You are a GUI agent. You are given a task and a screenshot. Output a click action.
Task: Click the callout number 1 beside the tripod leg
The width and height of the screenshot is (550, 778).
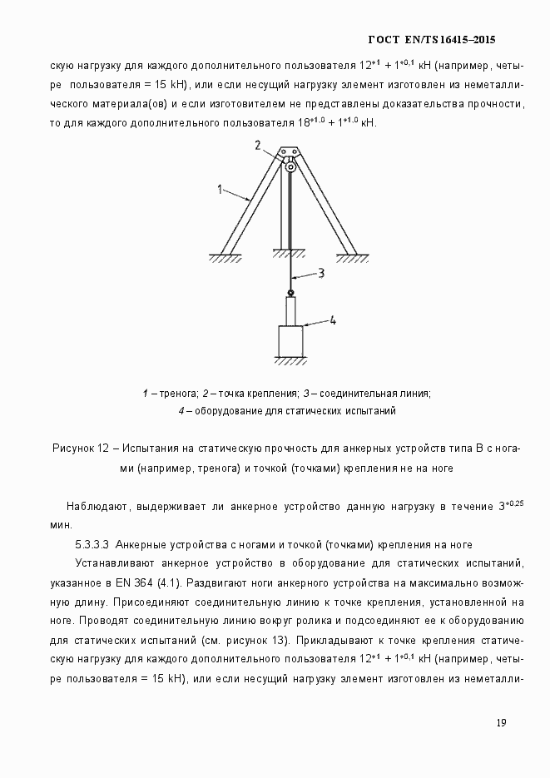pos(220,190)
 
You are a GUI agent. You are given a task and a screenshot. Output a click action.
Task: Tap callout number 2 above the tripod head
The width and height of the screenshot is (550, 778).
pos(259,146)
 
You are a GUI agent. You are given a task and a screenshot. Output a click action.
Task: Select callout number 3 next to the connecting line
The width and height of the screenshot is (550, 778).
pos(321,272)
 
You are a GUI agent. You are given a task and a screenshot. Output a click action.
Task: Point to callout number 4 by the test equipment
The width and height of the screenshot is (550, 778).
pos(332,320)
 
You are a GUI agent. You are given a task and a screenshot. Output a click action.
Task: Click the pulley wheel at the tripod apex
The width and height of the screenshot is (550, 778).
pos(290,167)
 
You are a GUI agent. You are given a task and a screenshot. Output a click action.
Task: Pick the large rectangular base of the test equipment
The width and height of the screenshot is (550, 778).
pos(290,342)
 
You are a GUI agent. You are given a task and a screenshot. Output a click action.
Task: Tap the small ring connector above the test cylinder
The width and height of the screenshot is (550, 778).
pos(290,292)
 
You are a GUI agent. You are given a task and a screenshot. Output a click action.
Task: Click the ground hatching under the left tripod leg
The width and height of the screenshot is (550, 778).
pos(225,259)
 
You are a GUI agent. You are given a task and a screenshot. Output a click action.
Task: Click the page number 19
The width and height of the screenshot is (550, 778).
pos(501,722)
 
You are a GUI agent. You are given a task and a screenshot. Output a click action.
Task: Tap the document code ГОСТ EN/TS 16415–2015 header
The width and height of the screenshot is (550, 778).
pos(432,40)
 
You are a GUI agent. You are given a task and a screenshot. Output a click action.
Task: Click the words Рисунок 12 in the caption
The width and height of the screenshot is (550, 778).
pos(81,449)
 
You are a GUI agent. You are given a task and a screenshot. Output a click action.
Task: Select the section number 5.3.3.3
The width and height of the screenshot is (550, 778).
pos(93,544)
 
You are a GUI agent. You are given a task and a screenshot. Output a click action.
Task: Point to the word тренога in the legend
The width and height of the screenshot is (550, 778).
pos(178,393)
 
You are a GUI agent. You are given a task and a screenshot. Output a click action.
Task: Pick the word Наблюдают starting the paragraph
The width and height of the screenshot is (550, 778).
pos(96,506)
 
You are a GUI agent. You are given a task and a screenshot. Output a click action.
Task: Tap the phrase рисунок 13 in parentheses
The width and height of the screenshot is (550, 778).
pos(254,640)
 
